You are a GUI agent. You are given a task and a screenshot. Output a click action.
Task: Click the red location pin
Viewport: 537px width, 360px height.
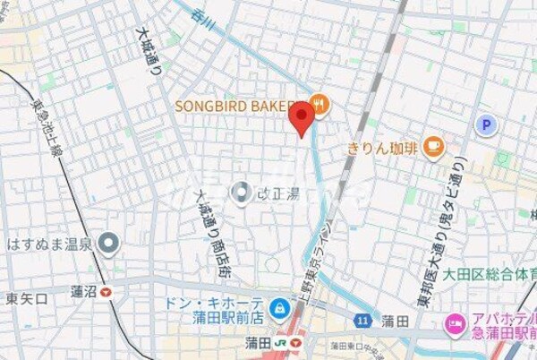(302, 117)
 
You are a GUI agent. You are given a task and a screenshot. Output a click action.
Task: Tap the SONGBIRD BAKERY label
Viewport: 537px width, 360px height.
(234, 107)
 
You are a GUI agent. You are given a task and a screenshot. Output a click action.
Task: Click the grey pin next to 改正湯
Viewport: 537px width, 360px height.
(241, 191)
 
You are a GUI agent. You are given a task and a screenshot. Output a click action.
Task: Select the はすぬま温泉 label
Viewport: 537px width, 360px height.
(49, 243)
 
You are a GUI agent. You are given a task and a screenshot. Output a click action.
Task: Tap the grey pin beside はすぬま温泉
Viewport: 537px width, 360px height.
(109, 242)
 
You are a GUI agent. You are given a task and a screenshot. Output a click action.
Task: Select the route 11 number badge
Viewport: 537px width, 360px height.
(362, 320)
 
